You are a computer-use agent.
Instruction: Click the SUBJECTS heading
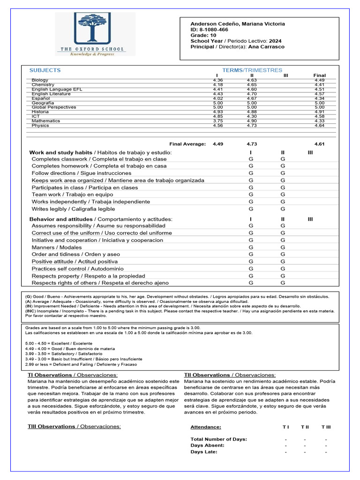pyautogui.click(x=45, y=70)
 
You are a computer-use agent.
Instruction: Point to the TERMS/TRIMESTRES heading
pyautogui.click(x=252, y=70)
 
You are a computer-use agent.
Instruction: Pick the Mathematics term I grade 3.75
pyautogui.click(x=218, y=121)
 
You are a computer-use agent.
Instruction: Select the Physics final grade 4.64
pyautogui.click(x=320, y=126)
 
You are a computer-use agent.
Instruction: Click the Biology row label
pyautogui.click(x=40, y=80)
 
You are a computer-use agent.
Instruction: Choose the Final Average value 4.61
pyautogui.click(x=320, y=144)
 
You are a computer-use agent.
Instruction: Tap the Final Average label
pyautogui.click(x=187, y=144)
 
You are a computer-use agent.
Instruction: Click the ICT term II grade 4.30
pyautogui.click(x=252, y=116)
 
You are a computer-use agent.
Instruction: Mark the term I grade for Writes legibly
pyautogui.click(x=251, y=209)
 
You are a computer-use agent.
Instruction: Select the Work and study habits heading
pyautogui.click(x=61, y=153)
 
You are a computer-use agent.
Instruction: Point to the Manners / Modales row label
pyautogui.click(x=57, y=247)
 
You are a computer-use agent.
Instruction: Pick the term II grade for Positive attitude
pyautogui.click(x=283, y=262)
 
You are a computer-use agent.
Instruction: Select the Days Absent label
pyautogui.click(x=208, y=445)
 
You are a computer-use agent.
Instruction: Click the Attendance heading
pyautogui.click(x=206, y=427)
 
